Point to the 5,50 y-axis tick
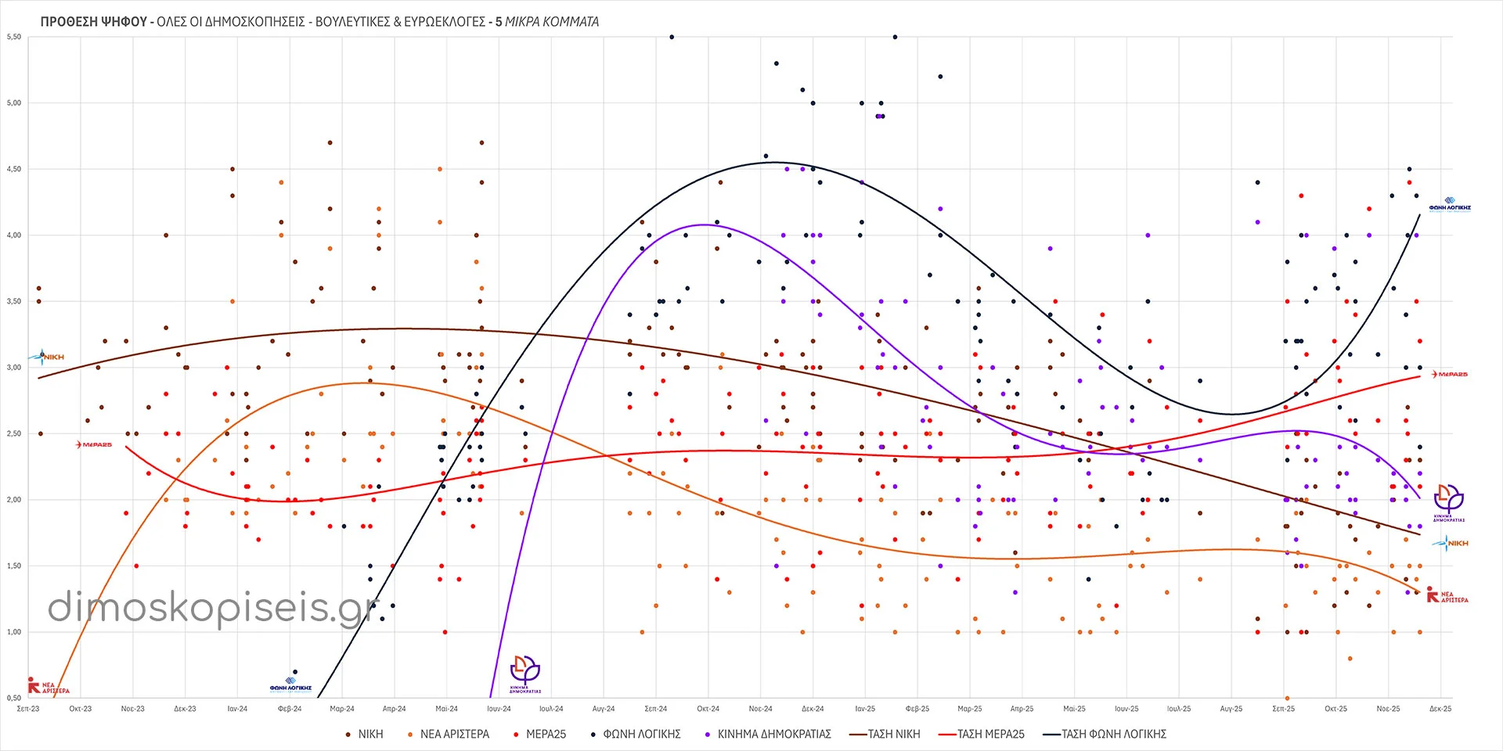point(13,37)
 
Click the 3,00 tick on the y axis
point(13,368)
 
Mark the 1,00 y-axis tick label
point(13,632)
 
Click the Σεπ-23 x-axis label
point(28,709)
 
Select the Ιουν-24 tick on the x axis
point(499,709)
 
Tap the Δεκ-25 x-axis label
point(1440,709)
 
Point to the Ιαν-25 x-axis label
point(865,709)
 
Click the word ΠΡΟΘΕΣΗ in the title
point(71,22)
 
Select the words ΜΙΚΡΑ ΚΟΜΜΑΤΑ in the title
point(552,22)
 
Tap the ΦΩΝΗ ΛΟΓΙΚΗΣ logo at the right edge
point(1450,205)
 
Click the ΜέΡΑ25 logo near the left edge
point(94,444)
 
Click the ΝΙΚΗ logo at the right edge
point(1451,543)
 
